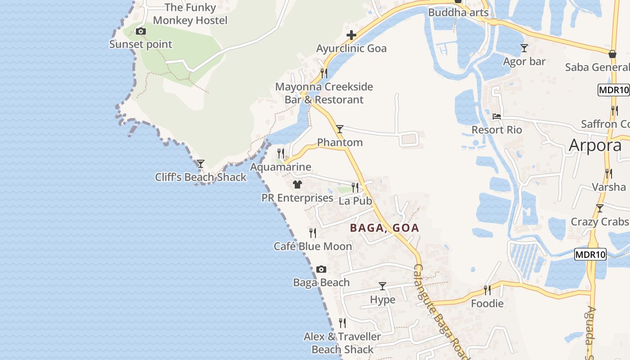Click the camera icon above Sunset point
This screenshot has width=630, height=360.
click(141, 31)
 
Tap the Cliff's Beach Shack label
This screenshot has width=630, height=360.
click(201, 177)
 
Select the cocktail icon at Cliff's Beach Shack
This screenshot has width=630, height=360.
click(201, 163)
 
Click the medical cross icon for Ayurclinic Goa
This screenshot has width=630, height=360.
click(351, 35)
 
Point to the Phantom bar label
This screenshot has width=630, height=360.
click(340, 143)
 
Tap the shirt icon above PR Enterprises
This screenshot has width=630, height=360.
click(297, 184)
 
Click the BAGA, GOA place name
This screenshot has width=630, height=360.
click(385, 228)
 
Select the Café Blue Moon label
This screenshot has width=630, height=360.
click(313, 247)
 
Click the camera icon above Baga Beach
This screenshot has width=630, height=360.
click(321, 269)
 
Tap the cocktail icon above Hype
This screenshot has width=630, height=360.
click(382, 286)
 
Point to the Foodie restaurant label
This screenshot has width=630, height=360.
click(487, 304)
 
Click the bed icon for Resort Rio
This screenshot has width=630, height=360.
click(497, 116)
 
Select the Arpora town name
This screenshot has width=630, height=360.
click(595, 145)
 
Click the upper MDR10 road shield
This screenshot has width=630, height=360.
click(613, 90)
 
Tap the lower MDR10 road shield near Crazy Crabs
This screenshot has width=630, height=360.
click(590, 255)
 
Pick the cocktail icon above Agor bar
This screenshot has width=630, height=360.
click(524, 48)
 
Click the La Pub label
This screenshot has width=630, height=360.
click(355, 201)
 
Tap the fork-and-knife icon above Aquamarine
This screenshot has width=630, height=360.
click(281, 153)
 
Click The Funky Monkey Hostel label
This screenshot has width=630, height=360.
click(190, 14)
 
